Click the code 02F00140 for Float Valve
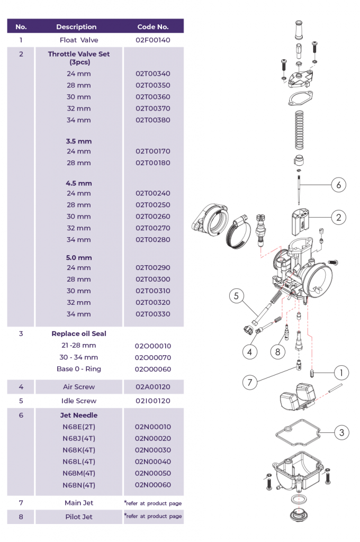coord(153,40)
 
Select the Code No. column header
coord(153,26)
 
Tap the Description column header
coord(76,26)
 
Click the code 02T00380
coord(153,120)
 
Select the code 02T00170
coord(153,151)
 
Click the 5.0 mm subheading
coord(79,258)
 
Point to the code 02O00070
coord(153,357)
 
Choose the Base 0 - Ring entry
coord(79,369)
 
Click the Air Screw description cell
coord(79,387)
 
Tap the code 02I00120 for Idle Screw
coord(153,401)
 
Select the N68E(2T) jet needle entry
coord(79,427)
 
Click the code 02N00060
coord(153,485)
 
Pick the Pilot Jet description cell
coord(79,517)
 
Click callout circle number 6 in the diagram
coord(339,185)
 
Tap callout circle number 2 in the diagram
coord(339,217)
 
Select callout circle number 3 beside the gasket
coord(341,432)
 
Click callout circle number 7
coord(250,382)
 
